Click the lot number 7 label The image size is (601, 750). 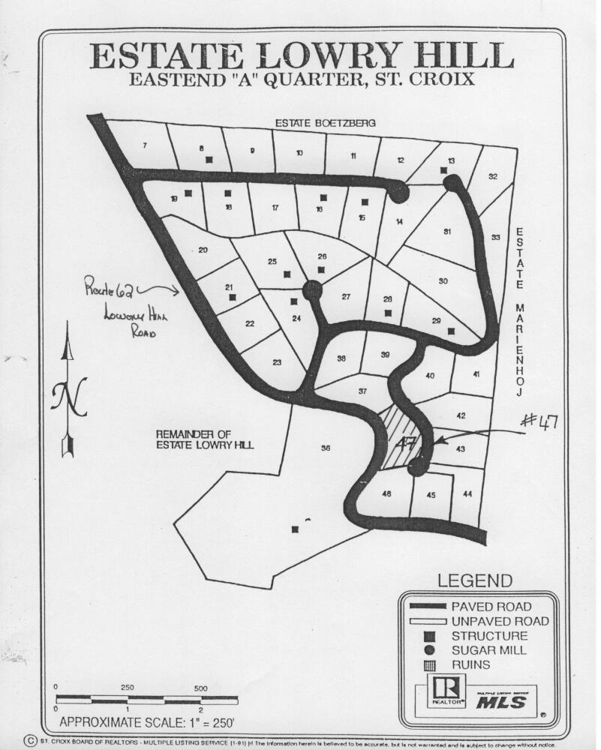pos(144,145)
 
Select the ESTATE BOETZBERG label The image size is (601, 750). pos(324,122)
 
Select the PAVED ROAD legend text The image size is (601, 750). pos(491,606)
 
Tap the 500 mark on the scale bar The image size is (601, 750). pos(200,688)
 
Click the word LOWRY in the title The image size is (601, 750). pos(320,57)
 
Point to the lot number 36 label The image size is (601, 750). pos(326,448)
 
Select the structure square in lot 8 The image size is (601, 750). pos(209,159)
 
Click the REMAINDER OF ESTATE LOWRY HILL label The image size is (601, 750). pos(204,439)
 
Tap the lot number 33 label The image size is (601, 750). pos(495,238)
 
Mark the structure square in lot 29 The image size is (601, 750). pos(451,331)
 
